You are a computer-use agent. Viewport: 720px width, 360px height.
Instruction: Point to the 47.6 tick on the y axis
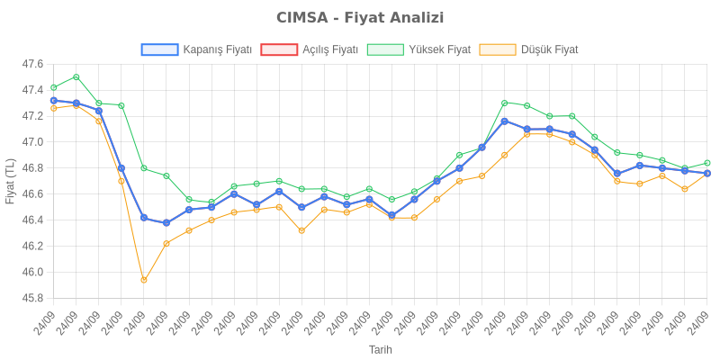pos(32,64)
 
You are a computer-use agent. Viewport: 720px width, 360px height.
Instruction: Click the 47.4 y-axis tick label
pos(32,90)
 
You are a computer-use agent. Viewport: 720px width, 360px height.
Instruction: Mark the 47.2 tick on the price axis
pos(32,116)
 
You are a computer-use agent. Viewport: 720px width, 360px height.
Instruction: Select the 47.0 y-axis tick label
pos(32,142)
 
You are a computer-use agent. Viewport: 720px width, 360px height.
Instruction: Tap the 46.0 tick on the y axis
pos(32,272)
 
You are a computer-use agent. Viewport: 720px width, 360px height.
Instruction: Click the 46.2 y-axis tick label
pos(32,246)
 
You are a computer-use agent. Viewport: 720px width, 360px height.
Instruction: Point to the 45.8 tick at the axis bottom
pos(32,298)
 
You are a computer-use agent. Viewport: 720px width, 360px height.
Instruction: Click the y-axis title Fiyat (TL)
pos(10,181)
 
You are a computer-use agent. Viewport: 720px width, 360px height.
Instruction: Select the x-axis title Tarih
pos(381,349)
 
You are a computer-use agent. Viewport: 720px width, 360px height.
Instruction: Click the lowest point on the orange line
pos(144,280)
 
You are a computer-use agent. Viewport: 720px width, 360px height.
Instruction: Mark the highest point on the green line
pos(76,76)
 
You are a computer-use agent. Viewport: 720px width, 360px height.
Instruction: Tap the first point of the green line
pos(54,87)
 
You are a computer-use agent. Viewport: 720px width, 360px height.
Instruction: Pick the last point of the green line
pos(706,163)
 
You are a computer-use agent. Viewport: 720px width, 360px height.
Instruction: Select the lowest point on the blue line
pos(166,223)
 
